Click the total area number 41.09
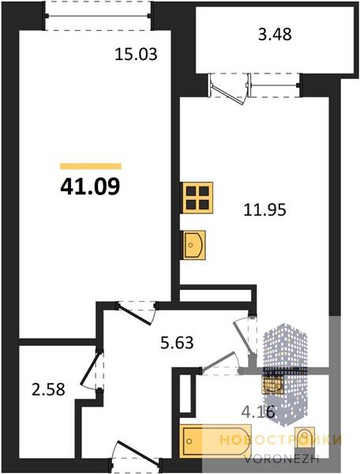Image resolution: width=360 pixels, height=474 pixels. point(90,186)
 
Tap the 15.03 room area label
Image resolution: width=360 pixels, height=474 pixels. point(137,55)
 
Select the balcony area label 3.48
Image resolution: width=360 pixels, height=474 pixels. point(275,35)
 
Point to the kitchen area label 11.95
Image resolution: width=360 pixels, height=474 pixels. point(264,210)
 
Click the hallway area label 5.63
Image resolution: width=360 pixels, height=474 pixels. point(177,343)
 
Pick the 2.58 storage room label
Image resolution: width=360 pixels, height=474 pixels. point(48,389)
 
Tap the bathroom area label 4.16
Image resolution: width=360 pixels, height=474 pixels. point(258,412)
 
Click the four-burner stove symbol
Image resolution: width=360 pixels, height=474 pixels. point(197,198)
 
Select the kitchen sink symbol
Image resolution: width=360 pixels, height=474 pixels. point(193,245)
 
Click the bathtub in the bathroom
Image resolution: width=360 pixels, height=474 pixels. point(216,441)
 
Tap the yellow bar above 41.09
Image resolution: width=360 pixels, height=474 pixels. point(91,166)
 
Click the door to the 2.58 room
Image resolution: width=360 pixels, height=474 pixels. point(91,369)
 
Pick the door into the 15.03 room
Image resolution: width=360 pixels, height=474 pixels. point(137,314)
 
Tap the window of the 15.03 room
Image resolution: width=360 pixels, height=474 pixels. point(98,16)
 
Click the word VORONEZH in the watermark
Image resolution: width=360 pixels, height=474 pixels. point(281,459)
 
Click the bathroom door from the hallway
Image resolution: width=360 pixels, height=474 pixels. point(219,360)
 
